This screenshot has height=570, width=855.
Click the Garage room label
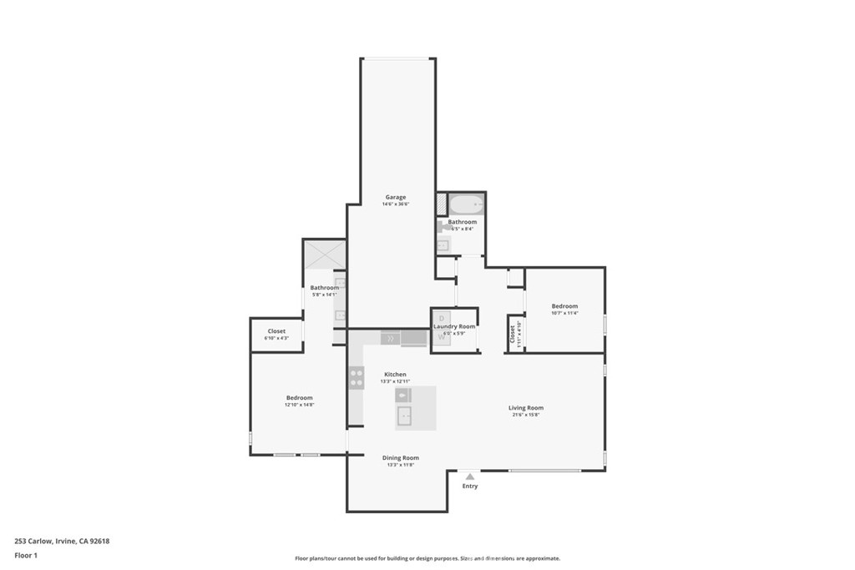click(395, 197)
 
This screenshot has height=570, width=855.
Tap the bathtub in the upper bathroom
click(466, 204)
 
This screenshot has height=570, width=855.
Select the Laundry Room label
click(454, 326)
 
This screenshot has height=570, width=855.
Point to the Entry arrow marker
click(470, 477)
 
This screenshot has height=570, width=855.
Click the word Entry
click(470, 486)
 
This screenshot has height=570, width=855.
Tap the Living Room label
click(526, 407)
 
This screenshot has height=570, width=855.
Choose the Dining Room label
click(400, 457)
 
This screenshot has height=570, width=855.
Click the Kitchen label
click(395, 374)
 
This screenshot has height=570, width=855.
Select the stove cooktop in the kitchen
click(357, 377)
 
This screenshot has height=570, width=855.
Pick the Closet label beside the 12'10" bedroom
click(276, 331)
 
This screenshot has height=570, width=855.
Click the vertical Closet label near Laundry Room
click(513, 333)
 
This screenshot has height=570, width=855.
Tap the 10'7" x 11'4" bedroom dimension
click(564, 314)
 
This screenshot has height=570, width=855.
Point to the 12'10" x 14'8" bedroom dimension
click(299, 405)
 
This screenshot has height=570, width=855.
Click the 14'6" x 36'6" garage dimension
click(395, 204)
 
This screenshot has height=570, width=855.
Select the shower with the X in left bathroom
click(324, 253)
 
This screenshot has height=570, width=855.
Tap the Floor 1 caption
click(26, 554)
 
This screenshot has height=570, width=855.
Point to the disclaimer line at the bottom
click(427, 558)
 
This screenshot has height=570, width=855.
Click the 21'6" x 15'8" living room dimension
click(526, 415)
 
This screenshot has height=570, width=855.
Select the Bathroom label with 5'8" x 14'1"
click(325, 287)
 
